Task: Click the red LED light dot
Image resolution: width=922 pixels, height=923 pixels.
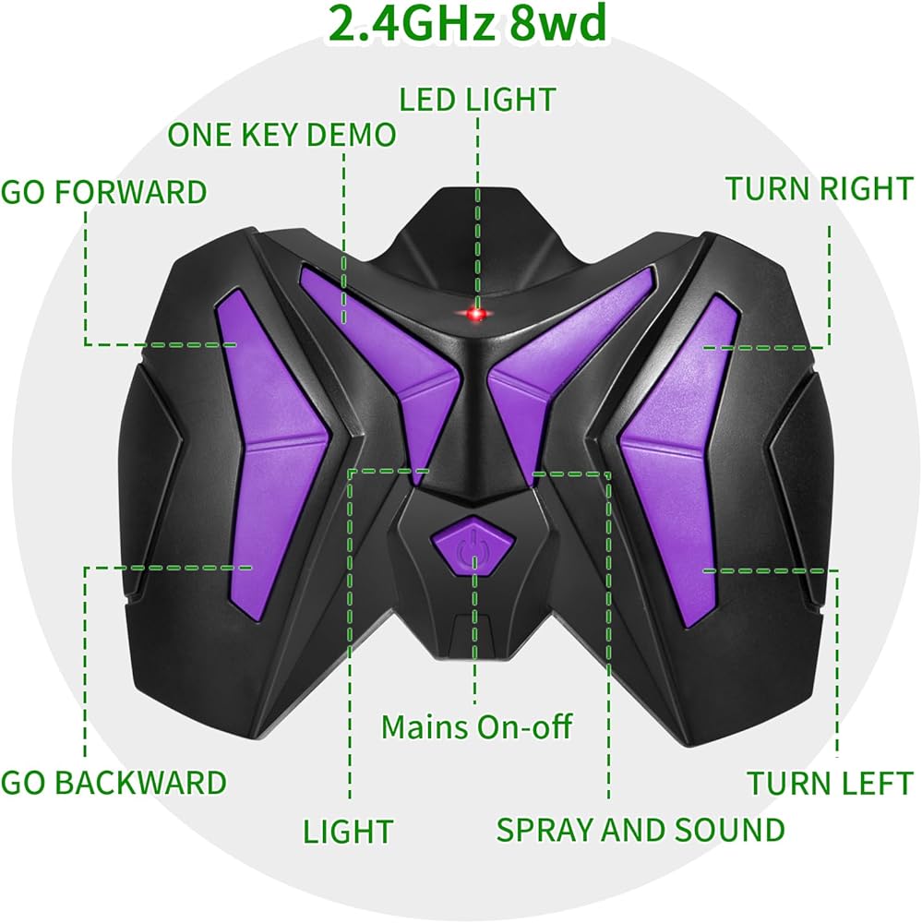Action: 476,316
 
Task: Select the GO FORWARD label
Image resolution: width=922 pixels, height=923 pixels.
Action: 103,192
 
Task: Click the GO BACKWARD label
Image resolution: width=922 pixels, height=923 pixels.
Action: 114,783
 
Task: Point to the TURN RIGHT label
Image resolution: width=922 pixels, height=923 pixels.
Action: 818,188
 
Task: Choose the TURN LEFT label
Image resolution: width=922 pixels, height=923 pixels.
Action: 829,784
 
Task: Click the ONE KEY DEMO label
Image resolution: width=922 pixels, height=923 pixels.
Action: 281,135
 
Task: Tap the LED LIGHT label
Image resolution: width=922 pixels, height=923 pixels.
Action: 477,99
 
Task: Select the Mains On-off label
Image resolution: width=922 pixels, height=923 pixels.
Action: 476,726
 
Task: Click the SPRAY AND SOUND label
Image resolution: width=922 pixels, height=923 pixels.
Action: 640,829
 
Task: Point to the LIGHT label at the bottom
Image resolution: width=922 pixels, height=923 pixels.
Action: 348,831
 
